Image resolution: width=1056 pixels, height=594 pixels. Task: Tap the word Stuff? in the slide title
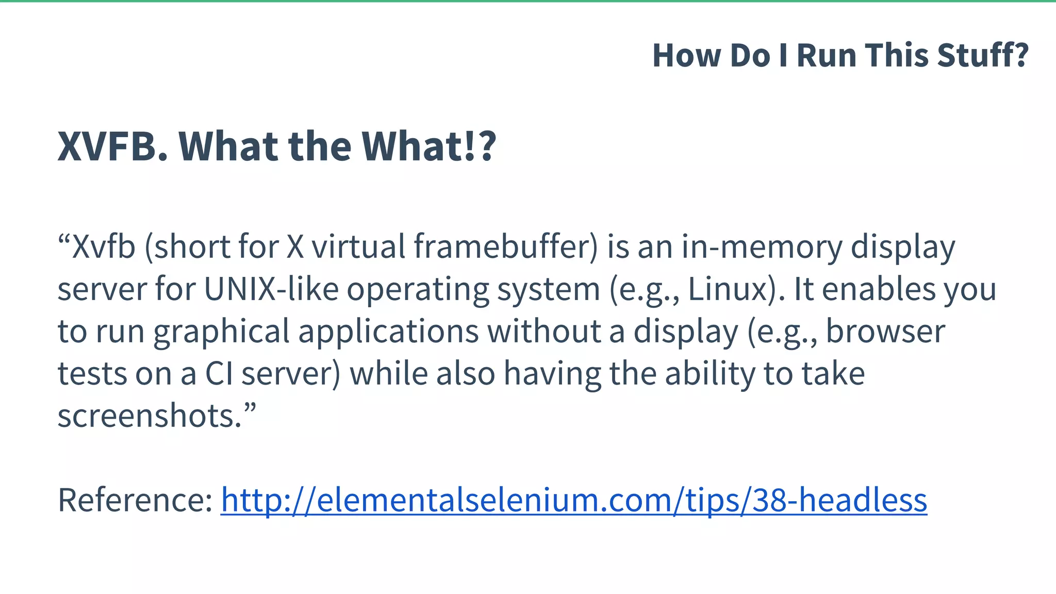(983, 55)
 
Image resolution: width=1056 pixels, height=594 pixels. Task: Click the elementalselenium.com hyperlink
(574, 500)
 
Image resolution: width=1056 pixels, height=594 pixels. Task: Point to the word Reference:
(135, 500)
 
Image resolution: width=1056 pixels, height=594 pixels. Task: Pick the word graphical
(221, 332)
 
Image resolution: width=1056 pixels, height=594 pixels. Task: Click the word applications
(388, 331)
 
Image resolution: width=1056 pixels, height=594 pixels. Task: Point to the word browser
(886, 331)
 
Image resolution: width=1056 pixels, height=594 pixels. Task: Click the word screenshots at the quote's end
(150, 416)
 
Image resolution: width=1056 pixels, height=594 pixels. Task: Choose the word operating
(417, 290)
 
